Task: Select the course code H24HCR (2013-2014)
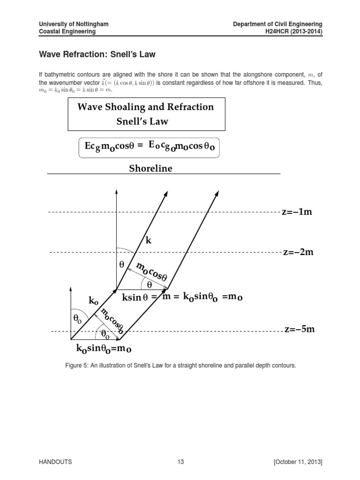[x=295, y=31]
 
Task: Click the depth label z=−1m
[x=296, y=212]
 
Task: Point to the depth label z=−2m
[x=298, y=253]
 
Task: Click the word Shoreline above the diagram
[x=150, y=169]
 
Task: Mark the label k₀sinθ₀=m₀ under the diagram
[x=104, y=349]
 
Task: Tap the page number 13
[x=180, y=462]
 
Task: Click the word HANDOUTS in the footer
[x=55, y=462]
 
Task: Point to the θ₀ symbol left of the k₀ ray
[x=77, y=319]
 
